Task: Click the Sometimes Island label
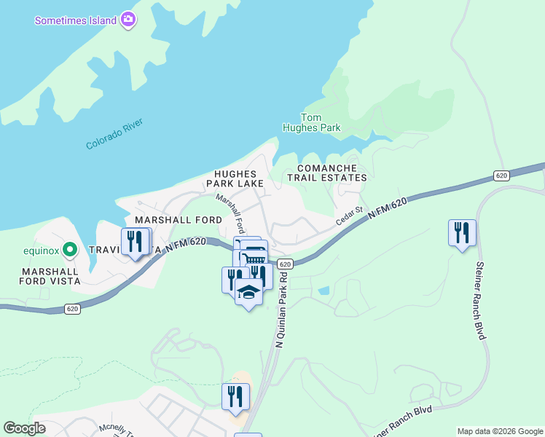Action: tap(76, 20)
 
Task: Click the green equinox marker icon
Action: tap(70, 250)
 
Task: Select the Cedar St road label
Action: tap(349, 216)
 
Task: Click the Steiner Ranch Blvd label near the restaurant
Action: tap(481, 299)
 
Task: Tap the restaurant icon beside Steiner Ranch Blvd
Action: tap(462, 233)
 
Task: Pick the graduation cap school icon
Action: tap(249, 291)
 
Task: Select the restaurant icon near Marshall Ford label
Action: tap(136, 241)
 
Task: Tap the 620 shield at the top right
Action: tap(501, 176)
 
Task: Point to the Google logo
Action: tap(24, 428)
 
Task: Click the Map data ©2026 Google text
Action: tap(499, 431)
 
